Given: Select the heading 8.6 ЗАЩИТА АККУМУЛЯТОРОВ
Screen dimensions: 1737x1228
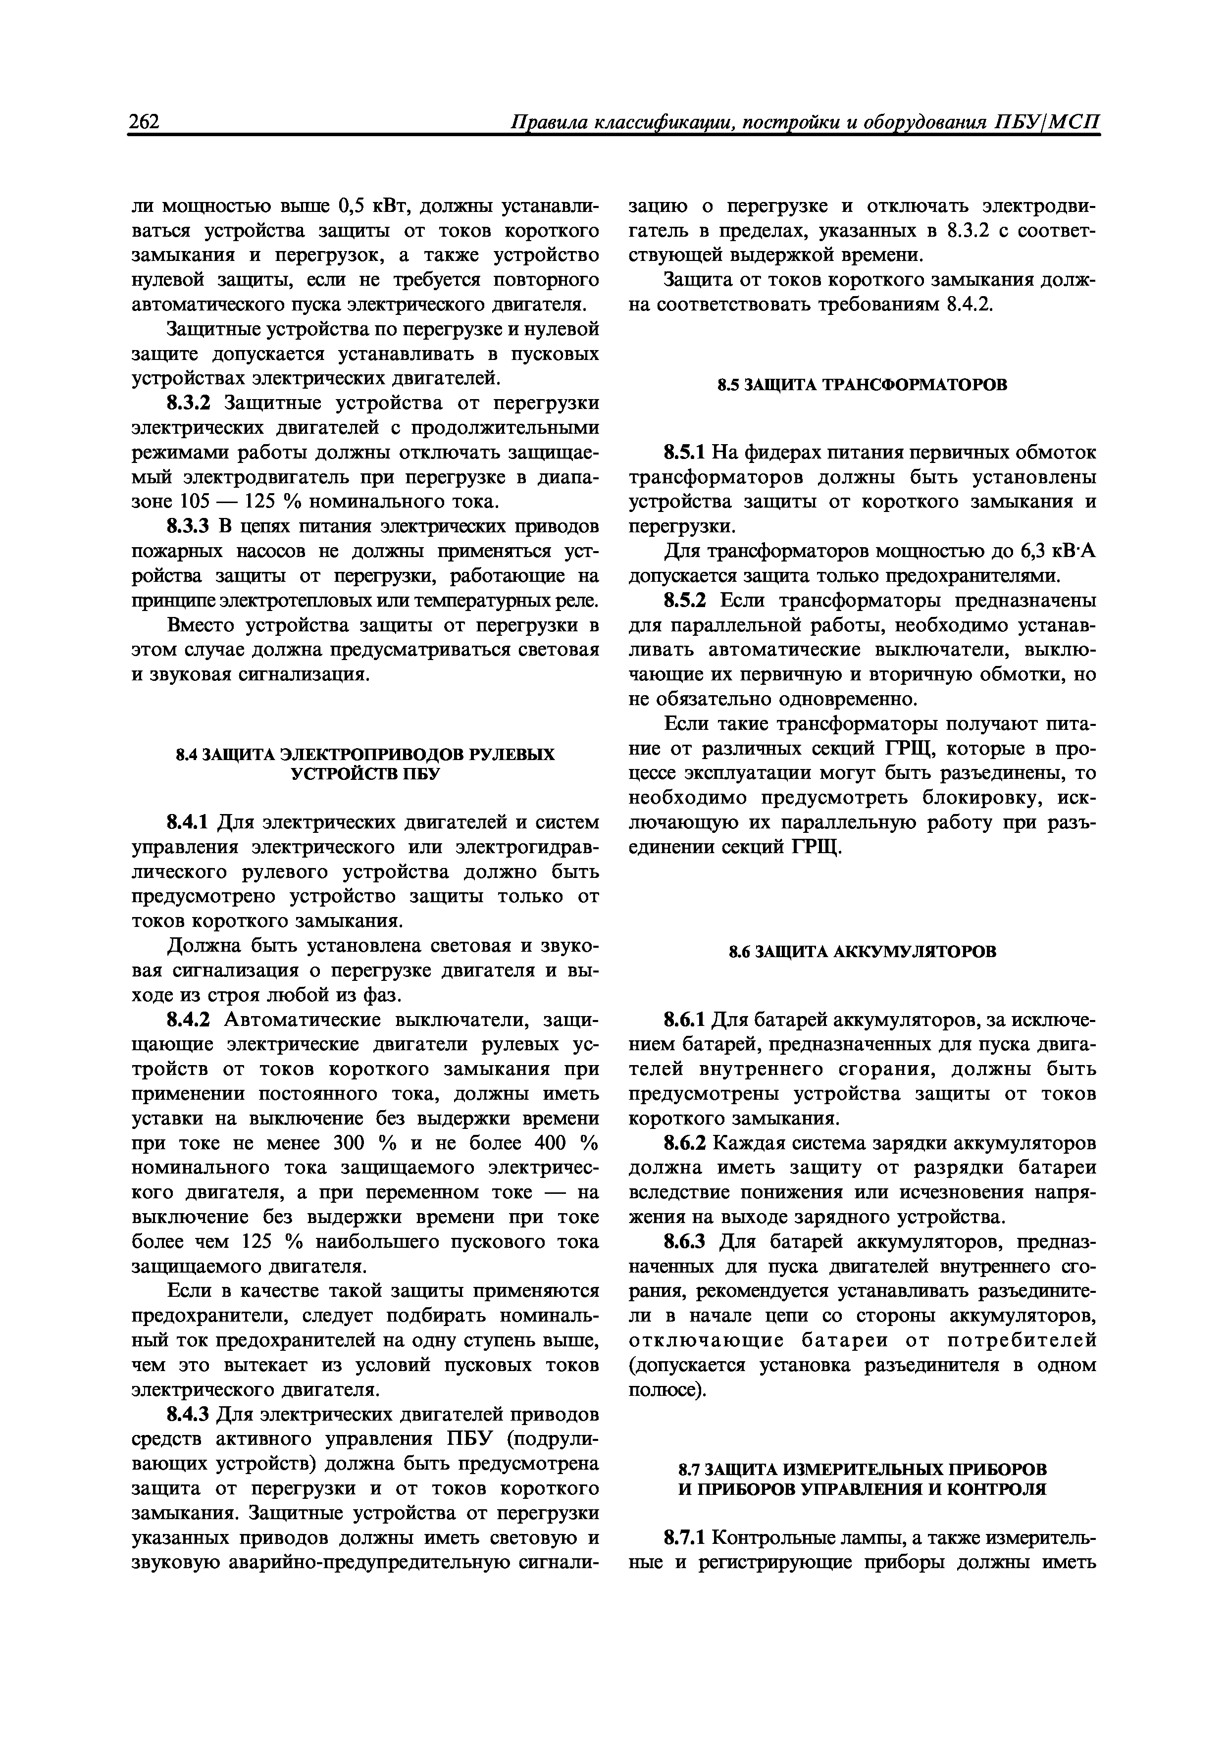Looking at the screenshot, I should (x=863, y=952).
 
